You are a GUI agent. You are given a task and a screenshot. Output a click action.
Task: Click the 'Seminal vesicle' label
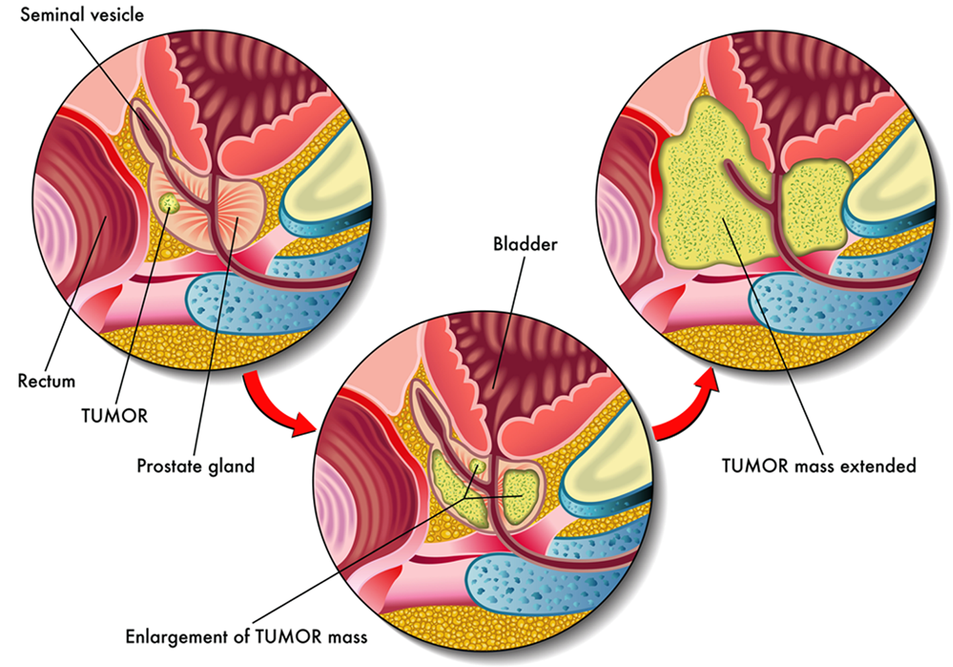point(81,14)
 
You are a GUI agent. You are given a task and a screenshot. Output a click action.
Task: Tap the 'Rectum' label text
point(46,381)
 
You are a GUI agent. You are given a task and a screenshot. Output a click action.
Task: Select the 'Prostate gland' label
point(196,466)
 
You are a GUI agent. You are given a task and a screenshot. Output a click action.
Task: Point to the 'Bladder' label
point(525,244)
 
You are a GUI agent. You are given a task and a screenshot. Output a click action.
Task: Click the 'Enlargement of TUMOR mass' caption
point(246,637)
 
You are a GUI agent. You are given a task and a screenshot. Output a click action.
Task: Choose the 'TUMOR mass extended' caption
point(818,466)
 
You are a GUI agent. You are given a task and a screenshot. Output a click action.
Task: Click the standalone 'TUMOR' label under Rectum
point(114,416)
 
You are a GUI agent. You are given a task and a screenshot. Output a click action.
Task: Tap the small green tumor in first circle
point(168,202)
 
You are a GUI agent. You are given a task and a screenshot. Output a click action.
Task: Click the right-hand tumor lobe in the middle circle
point(521,496)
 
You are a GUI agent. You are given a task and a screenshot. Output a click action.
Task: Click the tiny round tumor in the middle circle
point(480,466)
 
